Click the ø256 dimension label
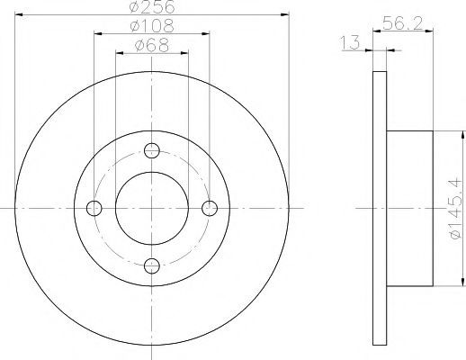[x=152, y=6]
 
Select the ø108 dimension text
[x=152, y=25]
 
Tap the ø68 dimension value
[x=152, y=45]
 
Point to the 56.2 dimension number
[x=402, y=23]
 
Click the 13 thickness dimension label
[x=350, y=42]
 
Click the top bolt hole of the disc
[x=152, y=150]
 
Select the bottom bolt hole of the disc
[x=152, y=265]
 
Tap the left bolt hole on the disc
[x=94, y=208]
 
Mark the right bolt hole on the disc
[x=210, y=208]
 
